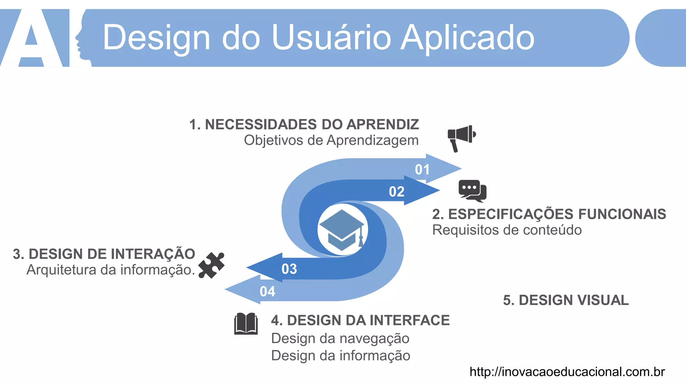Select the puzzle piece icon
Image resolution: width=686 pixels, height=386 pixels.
(211, 265)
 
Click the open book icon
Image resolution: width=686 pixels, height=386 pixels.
(246, 324)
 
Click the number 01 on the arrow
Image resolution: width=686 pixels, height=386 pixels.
(422, 170)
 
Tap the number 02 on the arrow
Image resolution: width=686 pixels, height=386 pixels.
(397, 192)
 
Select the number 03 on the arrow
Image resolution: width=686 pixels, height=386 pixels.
(289, 269)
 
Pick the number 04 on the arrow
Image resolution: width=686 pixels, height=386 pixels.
(267, 292)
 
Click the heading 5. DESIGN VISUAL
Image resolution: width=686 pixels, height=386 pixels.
(566, 300)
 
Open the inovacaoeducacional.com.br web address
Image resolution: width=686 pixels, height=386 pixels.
(567, 372)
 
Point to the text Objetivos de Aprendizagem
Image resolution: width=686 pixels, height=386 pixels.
(331, 140)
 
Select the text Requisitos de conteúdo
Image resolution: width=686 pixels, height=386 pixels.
(507, 230)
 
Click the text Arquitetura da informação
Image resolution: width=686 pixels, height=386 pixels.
(111, 270)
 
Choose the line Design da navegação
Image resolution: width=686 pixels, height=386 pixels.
(340, 338)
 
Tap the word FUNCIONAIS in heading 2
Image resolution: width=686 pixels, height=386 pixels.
(622, 214)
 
